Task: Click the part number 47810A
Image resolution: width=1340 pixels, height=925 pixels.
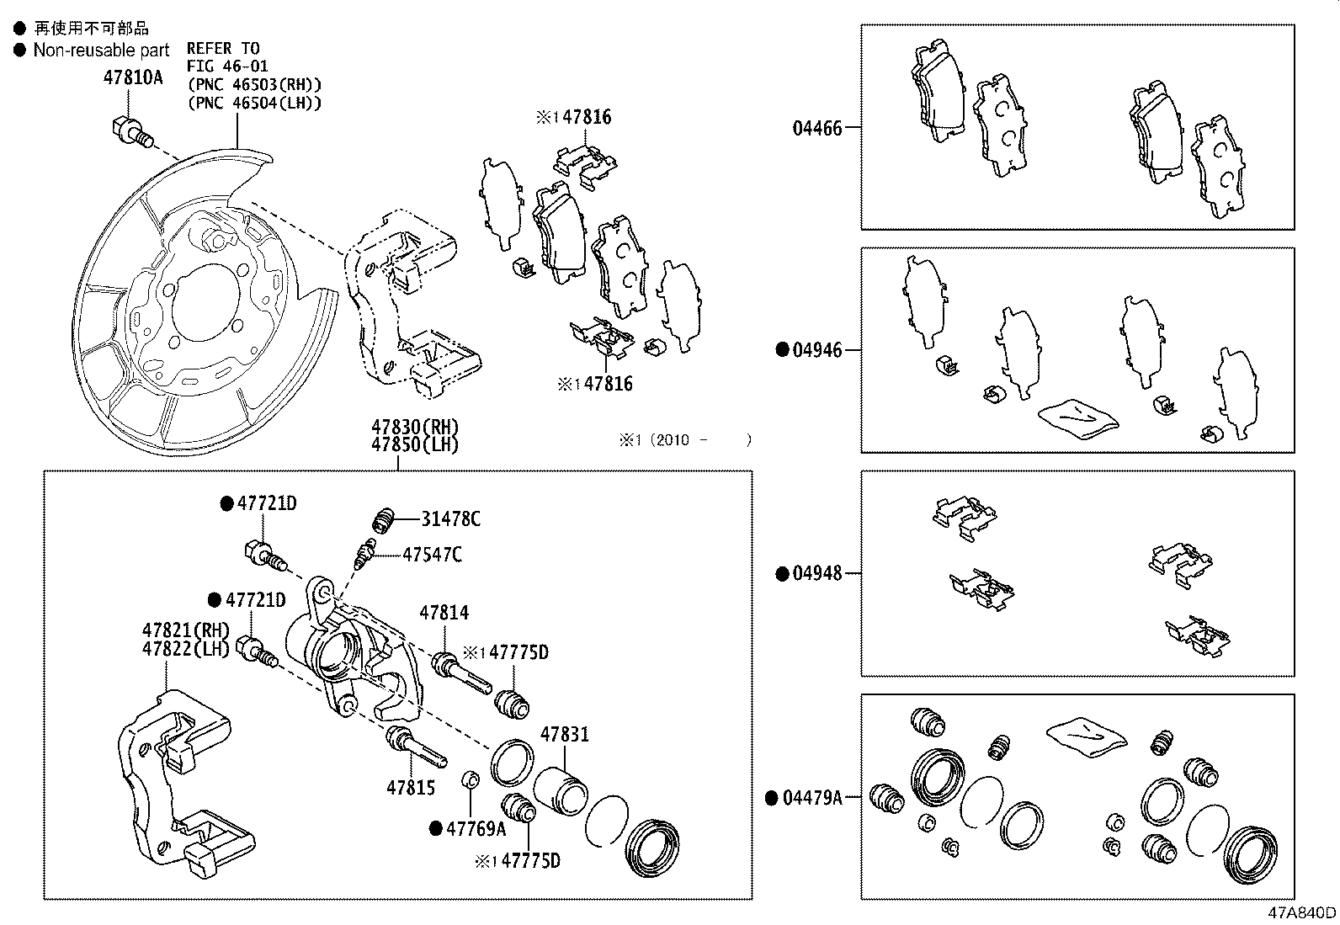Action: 132,78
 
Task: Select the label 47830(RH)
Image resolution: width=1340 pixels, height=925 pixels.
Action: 415,427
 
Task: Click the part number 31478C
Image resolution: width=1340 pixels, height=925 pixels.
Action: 450,519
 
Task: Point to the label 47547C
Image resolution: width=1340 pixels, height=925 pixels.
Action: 432,555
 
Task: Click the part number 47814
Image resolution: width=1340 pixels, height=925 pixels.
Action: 444,614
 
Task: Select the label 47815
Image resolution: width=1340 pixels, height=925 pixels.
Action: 411,788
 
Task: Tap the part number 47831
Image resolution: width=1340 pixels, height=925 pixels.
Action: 564,734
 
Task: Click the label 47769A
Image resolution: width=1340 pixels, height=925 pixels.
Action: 476,829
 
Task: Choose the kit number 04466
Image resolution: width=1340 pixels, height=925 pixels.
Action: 816,129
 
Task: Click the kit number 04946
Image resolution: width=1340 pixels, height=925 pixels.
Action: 816,350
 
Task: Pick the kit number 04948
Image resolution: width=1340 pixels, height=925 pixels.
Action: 816,574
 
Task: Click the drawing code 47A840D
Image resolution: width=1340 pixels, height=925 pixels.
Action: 1302,913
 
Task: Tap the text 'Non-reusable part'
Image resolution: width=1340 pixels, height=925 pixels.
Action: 101,51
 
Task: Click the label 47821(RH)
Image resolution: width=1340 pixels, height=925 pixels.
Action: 185,630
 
